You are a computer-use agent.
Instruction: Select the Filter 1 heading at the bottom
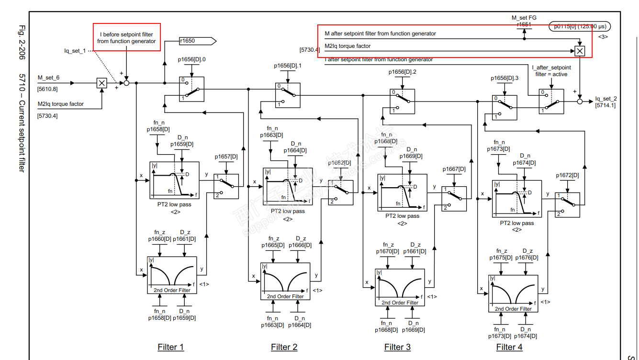coord(170,347)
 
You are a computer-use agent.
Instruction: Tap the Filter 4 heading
coord(509,347)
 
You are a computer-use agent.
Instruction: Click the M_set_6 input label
coord(48,77)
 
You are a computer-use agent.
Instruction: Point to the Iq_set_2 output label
coord(606,99)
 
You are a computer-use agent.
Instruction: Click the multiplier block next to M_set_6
coord(101,83)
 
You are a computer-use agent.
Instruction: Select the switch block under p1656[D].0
coord(191,90)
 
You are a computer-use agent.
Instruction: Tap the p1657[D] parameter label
coord(226,157)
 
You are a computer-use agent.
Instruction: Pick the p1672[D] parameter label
coord(567,175)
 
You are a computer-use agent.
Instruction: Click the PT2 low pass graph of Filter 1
coord(174,180)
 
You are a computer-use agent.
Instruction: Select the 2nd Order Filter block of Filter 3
coord(400,287)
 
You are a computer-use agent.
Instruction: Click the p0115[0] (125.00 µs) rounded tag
coord(580,27)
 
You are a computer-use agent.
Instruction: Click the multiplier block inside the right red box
coord(580,51)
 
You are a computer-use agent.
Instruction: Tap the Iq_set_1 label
coord(75,51)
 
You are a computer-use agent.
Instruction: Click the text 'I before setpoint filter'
coord(126,34)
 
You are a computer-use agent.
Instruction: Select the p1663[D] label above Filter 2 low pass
coord(271,135)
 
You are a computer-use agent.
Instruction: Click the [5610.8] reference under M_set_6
coord(47,89)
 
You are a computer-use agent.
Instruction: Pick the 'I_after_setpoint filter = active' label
coord(551,71)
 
